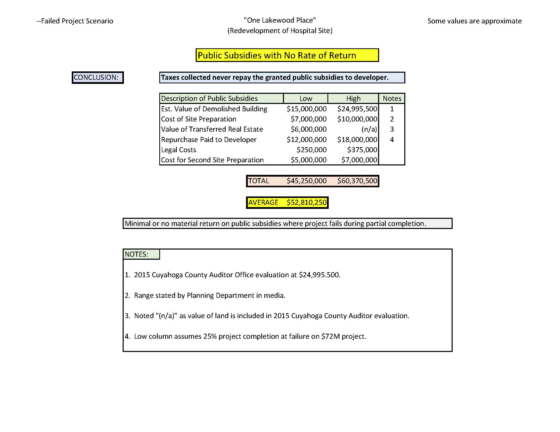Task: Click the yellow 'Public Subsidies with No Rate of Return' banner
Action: tap(287, 55)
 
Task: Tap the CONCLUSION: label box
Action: tap(97, 78)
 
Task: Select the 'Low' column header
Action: tap(306, 99)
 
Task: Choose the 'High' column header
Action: tap(353, 99)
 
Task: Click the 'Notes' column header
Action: tap(392, 99)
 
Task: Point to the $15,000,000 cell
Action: tap(306, 109)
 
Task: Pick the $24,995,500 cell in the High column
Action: tap(357, 109)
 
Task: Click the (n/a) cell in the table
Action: tap(369, 129)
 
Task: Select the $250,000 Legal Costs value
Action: tap(311, 150)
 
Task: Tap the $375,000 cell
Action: tap(362, 150)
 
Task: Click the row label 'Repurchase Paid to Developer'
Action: tap(209, 140)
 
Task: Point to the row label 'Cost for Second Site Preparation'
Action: tap(212, 160)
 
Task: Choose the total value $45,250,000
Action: tap(306, 181)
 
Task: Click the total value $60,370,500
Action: tap(357, 181)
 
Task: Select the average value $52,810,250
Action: tap(306, 203)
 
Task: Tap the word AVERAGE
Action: tap(263, 203)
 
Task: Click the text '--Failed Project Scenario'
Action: tap(75, 21)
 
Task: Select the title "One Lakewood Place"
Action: tap(280, 20)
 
